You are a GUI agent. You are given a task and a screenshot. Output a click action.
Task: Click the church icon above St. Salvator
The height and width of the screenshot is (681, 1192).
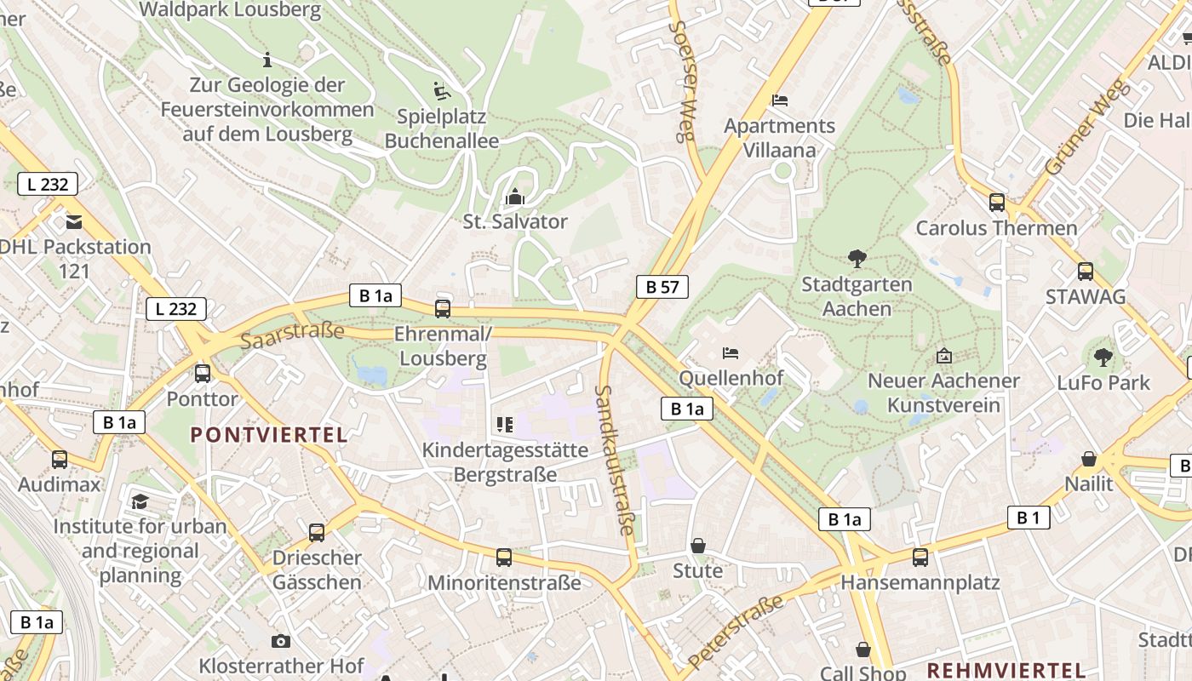click(x=514, y=197)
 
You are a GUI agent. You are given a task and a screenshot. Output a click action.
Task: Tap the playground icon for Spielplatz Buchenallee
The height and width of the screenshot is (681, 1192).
click(x=441, y=91)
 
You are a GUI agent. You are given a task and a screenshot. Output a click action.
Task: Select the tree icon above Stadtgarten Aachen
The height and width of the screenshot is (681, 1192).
click(x=857, y=259)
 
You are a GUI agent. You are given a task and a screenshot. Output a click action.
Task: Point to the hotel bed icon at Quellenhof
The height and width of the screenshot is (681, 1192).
click(x=731, y=352)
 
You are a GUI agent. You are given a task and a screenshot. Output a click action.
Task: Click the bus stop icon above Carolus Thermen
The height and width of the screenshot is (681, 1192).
click(x=996, y=203)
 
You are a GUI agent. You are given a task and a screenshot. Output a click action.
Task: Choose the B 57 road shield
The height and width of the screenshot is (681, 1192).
click(x=662, y=287)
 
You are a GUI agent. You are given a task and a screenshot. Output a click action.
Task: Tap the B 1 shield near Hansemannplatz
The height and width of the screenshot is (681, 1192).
click(x=1029, y=517)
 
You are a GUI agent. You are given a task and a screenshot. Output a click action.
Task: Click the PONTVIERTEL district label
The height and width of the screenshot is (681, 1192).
click(x=269, y=435)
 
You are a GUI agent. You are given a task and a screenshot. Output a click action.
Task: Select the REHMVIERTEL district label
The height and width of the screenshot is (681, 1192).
click(x=1006, y=670)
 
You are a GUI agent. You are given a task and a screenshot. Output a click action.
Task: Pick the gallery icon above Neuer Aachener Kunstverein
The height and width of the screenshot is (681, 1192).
click(x=943, y=356)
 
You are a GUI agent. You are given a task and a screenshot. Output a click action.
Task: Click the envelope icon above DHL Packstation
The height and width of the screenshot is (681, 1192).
click(x=74, y=222)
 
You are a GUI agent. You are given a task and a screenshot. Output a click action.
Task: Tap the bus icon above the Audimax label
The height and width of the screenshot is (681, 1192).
click(x=60, y=460)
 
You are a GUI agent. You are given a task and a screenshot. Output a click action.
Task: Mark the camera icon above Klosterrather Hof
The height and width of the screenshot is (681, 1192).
click(x=281, y=641)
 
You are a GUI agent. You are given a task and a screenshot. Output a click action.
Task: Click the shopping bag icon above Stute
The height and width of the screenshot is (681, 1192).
click(x=698, y=546)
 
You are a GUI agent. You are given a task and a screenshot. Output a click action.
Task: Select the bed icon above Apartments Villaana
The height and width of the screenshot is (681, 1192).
click(x=779, y=100)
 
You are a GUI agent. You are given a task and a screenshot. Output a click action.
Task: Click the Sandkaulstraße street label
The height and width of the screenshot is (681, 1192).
click(x=615, y=460)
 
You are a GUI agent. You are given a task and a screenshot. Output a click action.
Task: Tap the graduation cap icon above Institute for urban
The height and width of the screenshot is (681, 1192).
click(x=140, y=502)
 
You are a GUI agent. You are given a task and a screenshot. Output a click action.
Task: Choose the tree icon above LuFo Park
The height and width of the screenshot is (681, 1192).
click(x=1103, y=358)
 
